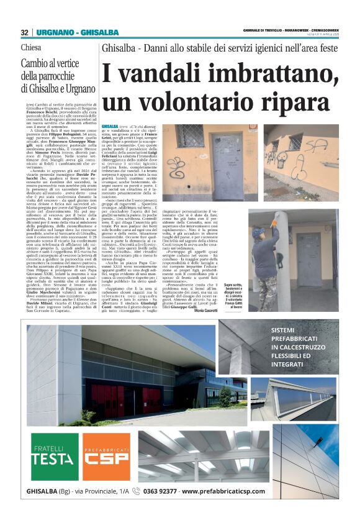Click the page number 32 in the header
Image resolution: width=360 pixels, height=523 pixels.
point(24,32)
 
